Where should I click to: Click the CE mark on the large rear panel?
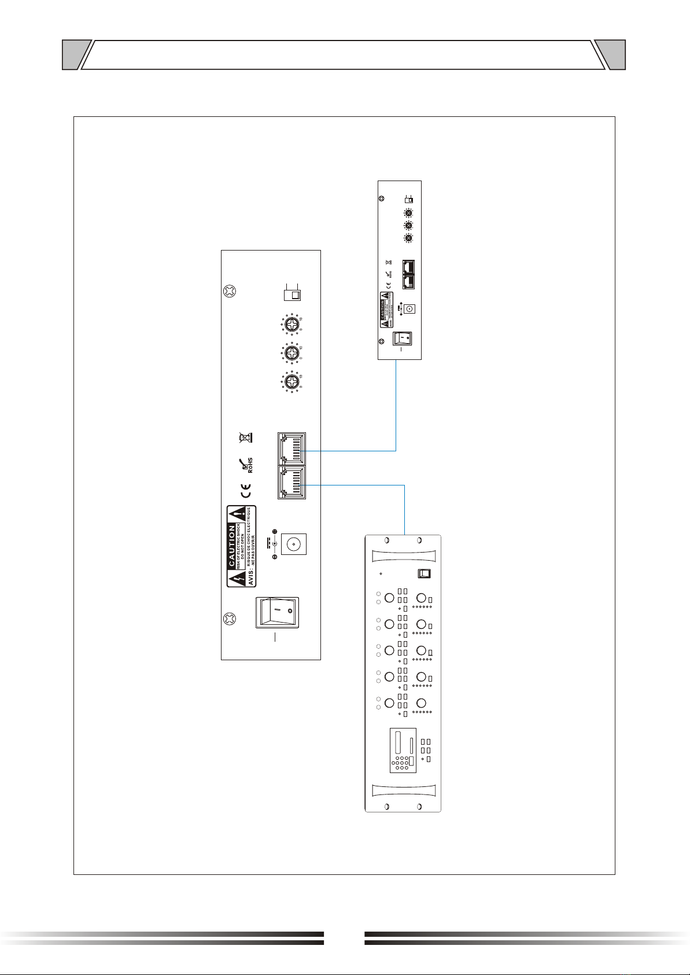point(246,494)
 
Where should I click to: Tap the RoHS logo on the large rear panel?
point(248,464)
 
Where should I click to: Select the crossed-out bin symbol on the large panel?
point(246,437)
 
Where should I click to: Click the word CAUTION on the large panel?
point(232,546)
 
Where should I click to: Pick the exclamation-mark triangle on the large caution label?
point(236,513)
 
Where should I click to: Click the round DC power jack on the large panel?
point(293,544)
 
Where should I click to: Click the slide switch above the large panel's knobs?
point(292,295)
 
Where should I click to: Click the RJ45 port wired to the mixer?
point(292,483)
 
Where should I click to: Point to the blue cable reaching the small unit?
point(396,405)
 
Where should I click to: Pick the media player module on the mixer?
point(403,750)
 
